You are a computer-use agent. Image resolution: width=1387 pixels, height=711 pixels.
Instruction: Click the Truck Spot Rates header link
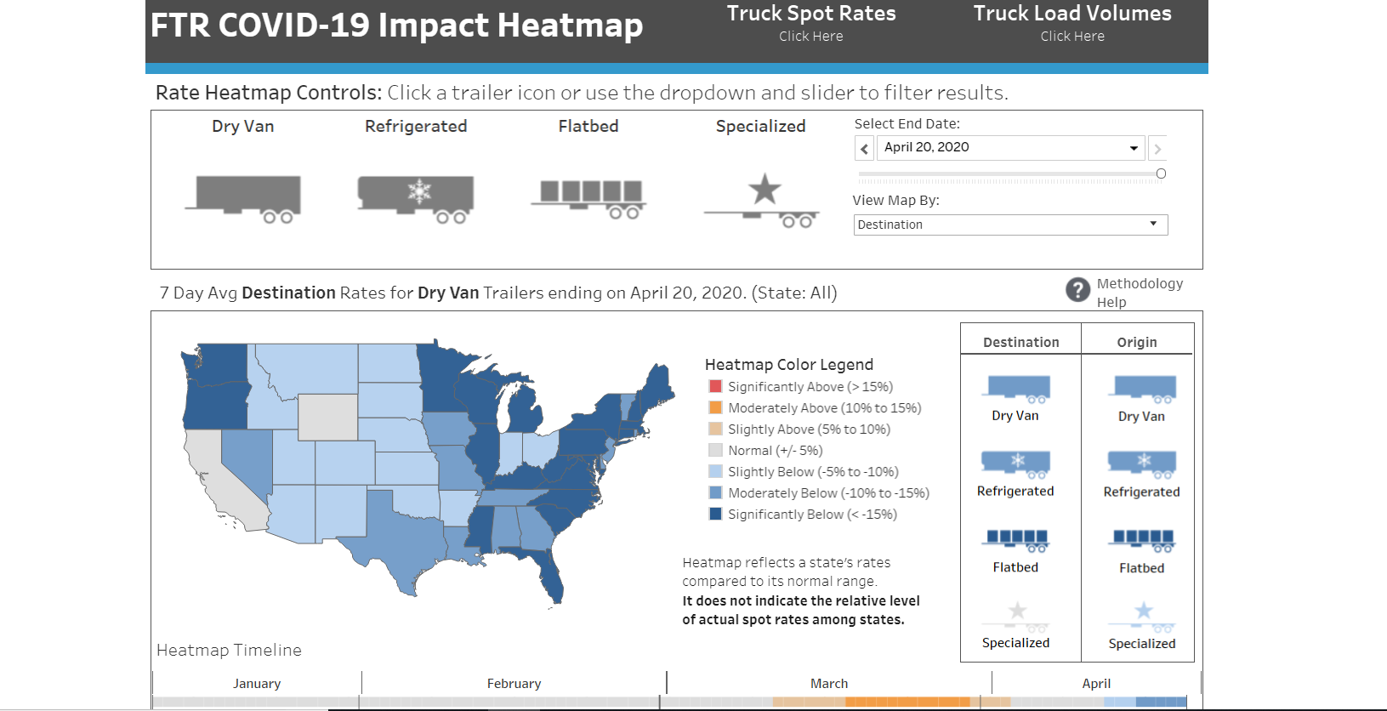tap(810, 23)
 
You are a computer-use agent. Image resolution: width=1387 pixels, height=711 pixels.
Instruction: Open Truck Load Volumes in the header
tap(1072, 23)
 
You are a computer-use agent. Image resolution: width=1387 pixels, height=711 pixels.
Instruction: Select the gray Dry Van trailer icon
tap(244, 198)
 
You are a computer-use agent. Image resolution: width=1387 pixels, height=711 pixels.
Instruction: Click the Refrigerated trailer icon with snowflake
tap(417, 198)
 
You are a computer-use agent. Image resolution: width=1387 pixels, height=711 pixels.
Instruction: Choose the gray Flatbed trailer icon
tap(589, 198)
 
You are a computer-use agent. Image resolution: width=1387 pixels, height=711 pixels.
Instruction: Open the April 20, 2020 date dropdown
tap(1010, 148)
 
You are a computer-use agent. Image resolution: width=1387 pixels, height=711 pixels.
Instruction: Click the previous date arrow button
tap(864, 149)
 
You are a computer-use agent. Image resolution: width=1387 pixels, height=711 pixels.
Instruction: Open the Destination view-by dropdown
tap(1010, 225)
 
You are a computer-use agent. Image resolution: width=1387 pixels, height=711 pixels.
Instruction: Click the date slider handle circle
tap(1161, 173)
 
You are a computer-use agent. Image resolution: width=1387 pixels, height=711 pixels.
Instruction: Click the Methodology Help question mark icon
tap(1077, 290)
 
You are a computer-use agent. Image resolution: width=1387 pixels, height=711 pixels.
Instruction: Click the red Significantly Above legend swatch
tap(715, 387)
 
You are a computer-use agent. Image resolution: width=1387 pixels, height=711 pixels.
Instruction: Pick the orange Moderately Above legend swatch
tap(715, 408)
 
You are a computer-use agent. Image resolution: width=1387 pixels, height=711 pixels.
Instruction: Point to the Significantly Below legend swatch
tap(715, 515)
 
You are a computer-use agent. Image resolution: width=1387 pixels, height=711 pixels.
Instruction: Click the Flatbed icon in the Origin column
tap(1142, 540)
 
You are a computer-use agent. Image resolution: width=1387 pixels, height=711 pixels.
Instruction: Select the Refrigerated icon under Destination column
tap(1015, 464)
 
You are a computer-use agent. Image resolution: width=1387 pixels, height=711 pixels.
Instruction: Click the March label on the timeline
tap(829, 684)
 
